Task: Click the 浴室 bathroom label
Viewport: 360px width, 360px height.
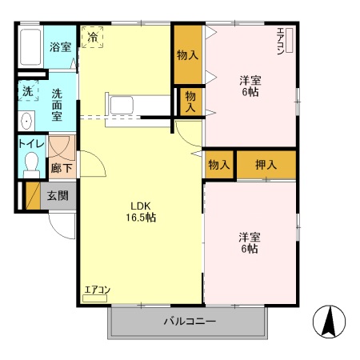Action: (x=60, y=47)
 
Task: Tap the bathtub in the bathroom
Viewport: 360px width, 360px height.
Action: (x=30, y=47)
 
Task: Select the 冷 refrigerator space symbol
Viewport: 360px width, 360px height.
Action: (x=93, y=37)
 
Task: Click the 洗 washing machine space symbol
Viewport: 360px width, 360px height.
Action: (x=28, y=91)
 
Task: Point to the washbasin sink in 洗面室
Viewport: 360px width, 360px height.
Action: (x=26, y=121)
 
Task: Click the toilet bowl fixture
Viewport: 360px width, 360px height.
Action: (x=31, y=165)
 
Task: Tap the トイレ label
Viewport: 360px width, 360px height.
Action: (x=31, y=144)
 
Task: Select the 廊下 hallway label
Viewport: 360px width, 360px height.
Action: (x=62, y=168)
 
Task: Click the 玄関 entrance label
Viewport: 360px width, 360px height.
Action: (x=58, y=196)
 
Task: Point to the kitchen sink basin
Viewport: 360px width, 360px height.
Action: (x=122, y=105)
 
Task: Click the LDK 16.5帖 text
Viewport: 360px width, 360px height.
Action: (x=141, y=212)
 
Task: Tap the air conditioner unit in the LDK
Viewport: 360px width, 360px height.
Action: (x=94, y=298)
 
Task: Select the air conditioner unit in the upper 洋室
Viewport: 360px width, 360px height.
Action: (x=290, y=41)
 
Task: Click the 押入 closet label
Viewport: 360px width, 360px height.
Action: (x=266, y=165)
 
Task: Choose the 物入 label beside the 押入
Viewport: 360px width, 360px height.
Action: (x=219, y=165)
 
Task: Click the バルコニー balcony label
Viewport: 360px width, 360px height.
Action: (x=190, y=321)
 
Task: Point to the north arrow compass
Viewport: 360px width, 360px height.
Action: (x=329, y=322)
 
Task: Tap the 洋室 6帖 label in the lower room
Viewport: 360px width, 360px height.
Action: (x=250, y=242)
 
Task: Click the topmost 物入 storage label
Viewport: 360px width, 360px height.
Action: (x=187, y=55)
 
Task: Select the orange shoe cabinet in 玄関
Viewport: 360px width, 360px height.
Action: (x=33, y=196)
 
